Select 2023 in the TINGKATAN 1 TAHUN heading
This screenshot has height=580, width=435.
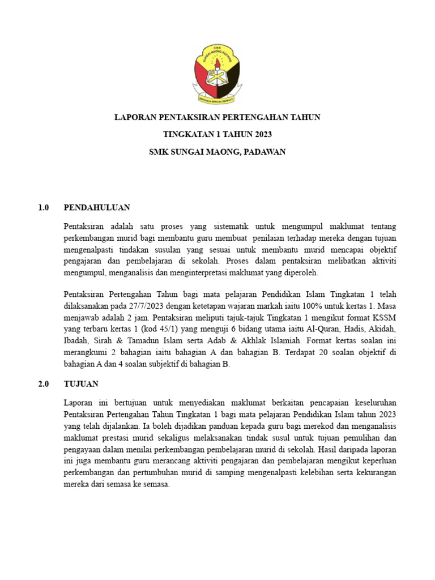(x=261, y=134)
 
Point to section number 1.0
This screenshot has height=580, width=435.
(x=44, y=208)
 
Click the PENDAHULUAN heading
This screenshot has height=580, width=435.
(x=97, y=208)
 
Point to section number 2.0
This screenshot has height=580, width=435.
(x=44, y=383)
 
